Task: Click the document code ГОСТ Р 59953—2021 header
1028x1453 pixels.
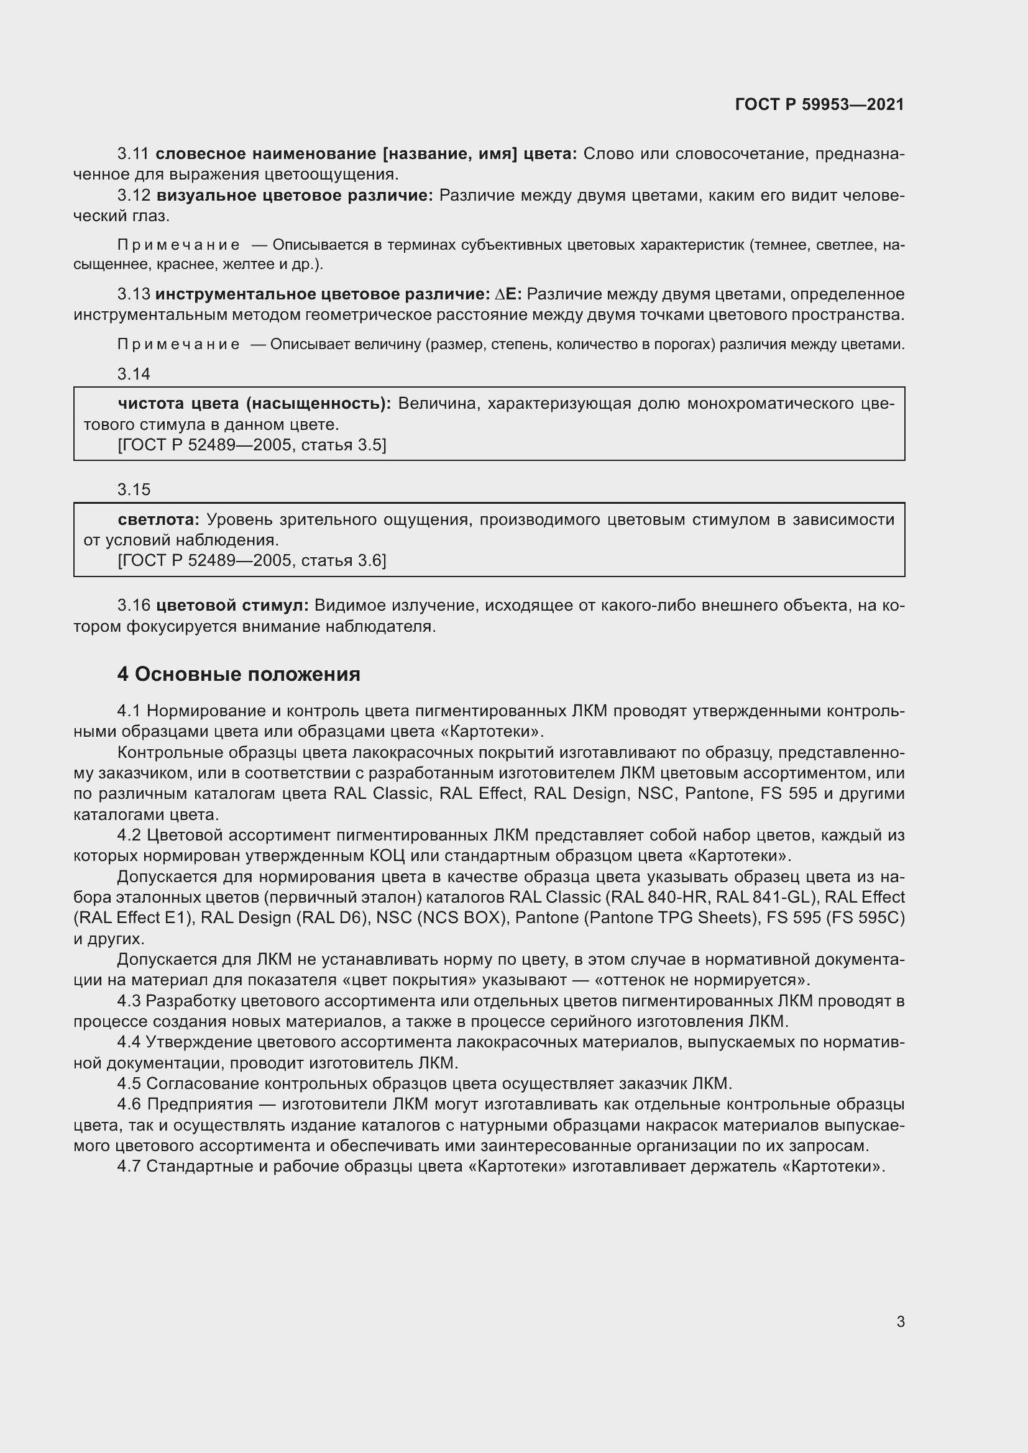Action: [819, 104]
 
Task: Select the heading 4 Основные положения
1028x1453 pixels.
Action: [239, 675]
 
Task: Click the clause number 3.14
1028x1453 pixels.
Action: [134, 374]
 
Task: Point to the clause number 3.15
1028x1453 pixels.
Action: [134, 489]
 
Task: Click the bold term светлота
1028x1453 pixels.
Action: [158, 519]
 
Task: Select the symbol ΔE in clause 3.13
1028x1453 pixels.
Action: [508, 294]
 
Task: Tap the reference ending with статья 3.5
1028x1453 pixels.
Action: [252, 445]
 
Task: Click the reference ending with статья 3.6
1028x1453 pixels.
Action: [252, 561]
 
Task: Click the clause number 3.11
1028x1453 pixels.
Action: [133, 154]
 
